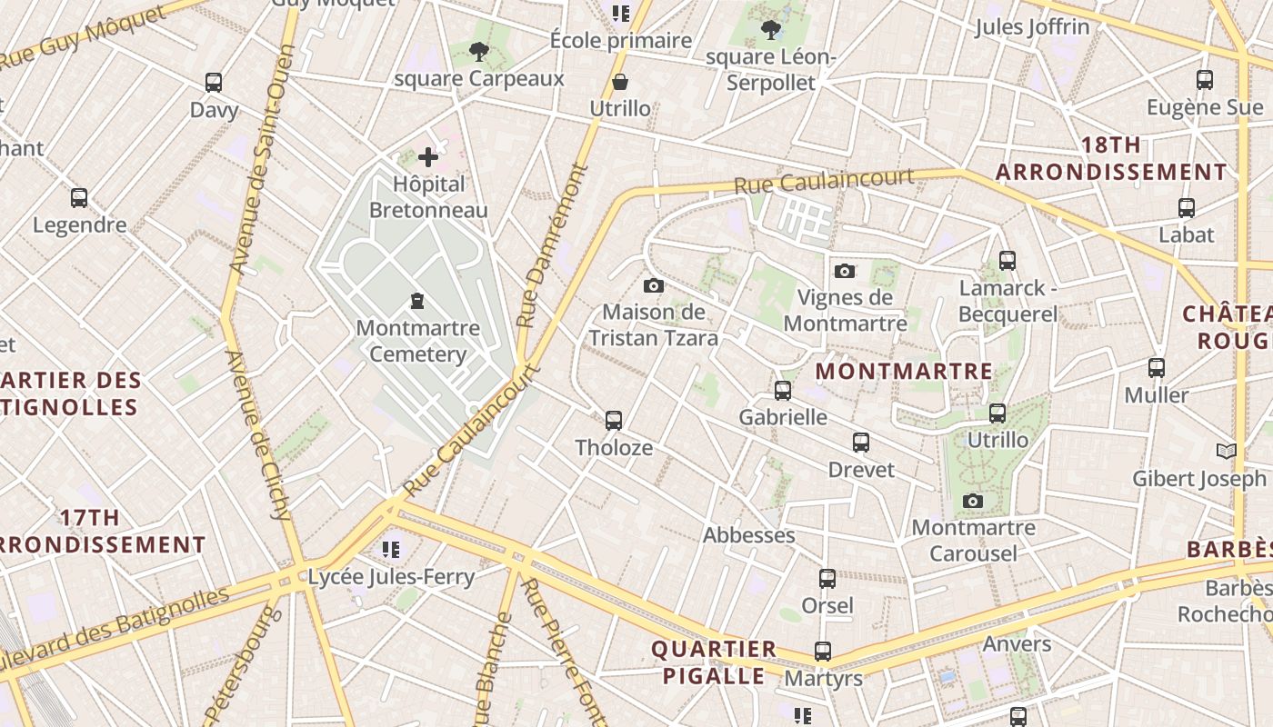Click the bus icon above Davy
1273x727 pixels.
click(x=214, y=83)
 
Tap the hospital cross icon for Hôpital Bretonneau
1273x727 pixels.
click(x=428, y=157)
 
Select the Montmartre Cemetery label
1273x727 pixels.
click(x=417, y=341)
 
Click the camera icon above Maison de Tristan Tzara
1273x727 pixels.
click(x=653, y=286)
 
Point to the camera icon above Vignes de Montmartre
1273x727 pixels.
click(x=845, y=271)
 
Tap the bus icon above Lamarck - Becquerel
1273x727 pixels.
click(x=1007, y=261)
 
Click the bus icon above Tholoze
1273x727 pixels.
click(x=614, y=420)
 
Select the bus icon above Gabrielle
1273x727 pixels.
click(x=783, y=391)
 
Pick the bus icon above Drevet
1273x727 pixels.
click(x=861, y=443)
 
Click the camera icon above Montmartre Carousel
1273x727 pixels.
click(x=973, y=501)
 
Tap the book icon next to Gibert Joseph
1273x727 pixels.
click(x=1227, y=451)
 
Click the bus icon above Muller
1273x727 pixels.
click(x=1156, y=368)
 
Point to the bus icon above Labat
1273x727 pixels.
click(x=1187, y=208)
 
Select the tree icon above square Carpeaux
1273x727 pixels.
click(x=479, y=52)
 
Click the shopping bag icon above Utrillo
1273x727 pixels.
click(x=620, y=83)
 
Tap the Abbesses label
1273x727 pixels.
click(x=748, y=535)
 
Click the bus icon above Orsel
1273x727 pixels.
click(x=827, y=579)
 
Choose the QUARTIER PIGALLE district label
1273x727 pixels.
click(x=714, y=662)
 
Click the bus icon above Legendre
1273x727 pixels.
click(x=79, y=198)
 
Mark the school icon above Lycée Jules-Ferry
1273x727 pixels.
click(x=391, y=549)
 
